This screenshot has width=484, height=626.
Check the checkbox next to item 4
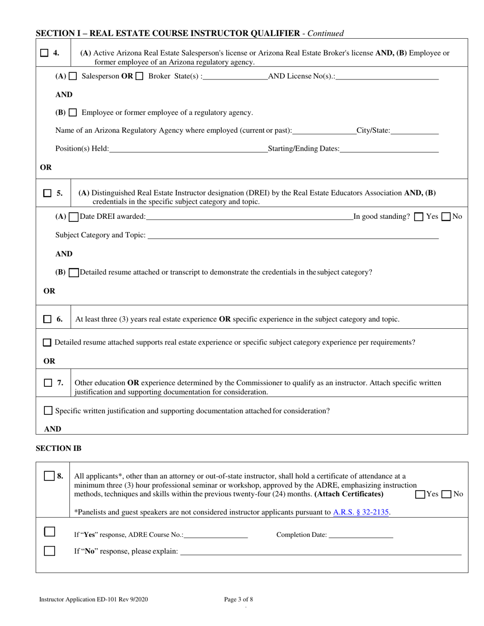(x=45, y=53)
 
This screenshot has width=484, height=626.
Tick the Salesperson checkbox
(x=73, y=76)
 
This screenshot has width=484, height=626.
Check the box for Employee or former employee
(x=73, y=112)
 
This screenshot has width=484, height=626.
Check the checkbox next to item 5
(x=47, y=193)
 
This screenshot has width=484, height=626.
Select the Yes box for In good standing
(x=419, y=217)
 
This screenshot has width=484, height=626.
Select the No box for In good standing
(x=446, y=217)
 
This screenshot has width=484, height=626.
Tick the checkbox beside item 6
(x=47, y=319)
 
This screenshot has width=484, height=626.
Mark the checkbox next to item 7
(x=48, y=383)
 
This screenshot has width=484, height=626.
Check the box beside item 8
(x=49, y=476)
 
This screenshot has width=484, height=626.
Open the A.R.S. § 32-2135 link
(x=361, y=513)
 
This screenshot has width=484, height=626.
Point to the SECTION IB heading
(x=59, y=448)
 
